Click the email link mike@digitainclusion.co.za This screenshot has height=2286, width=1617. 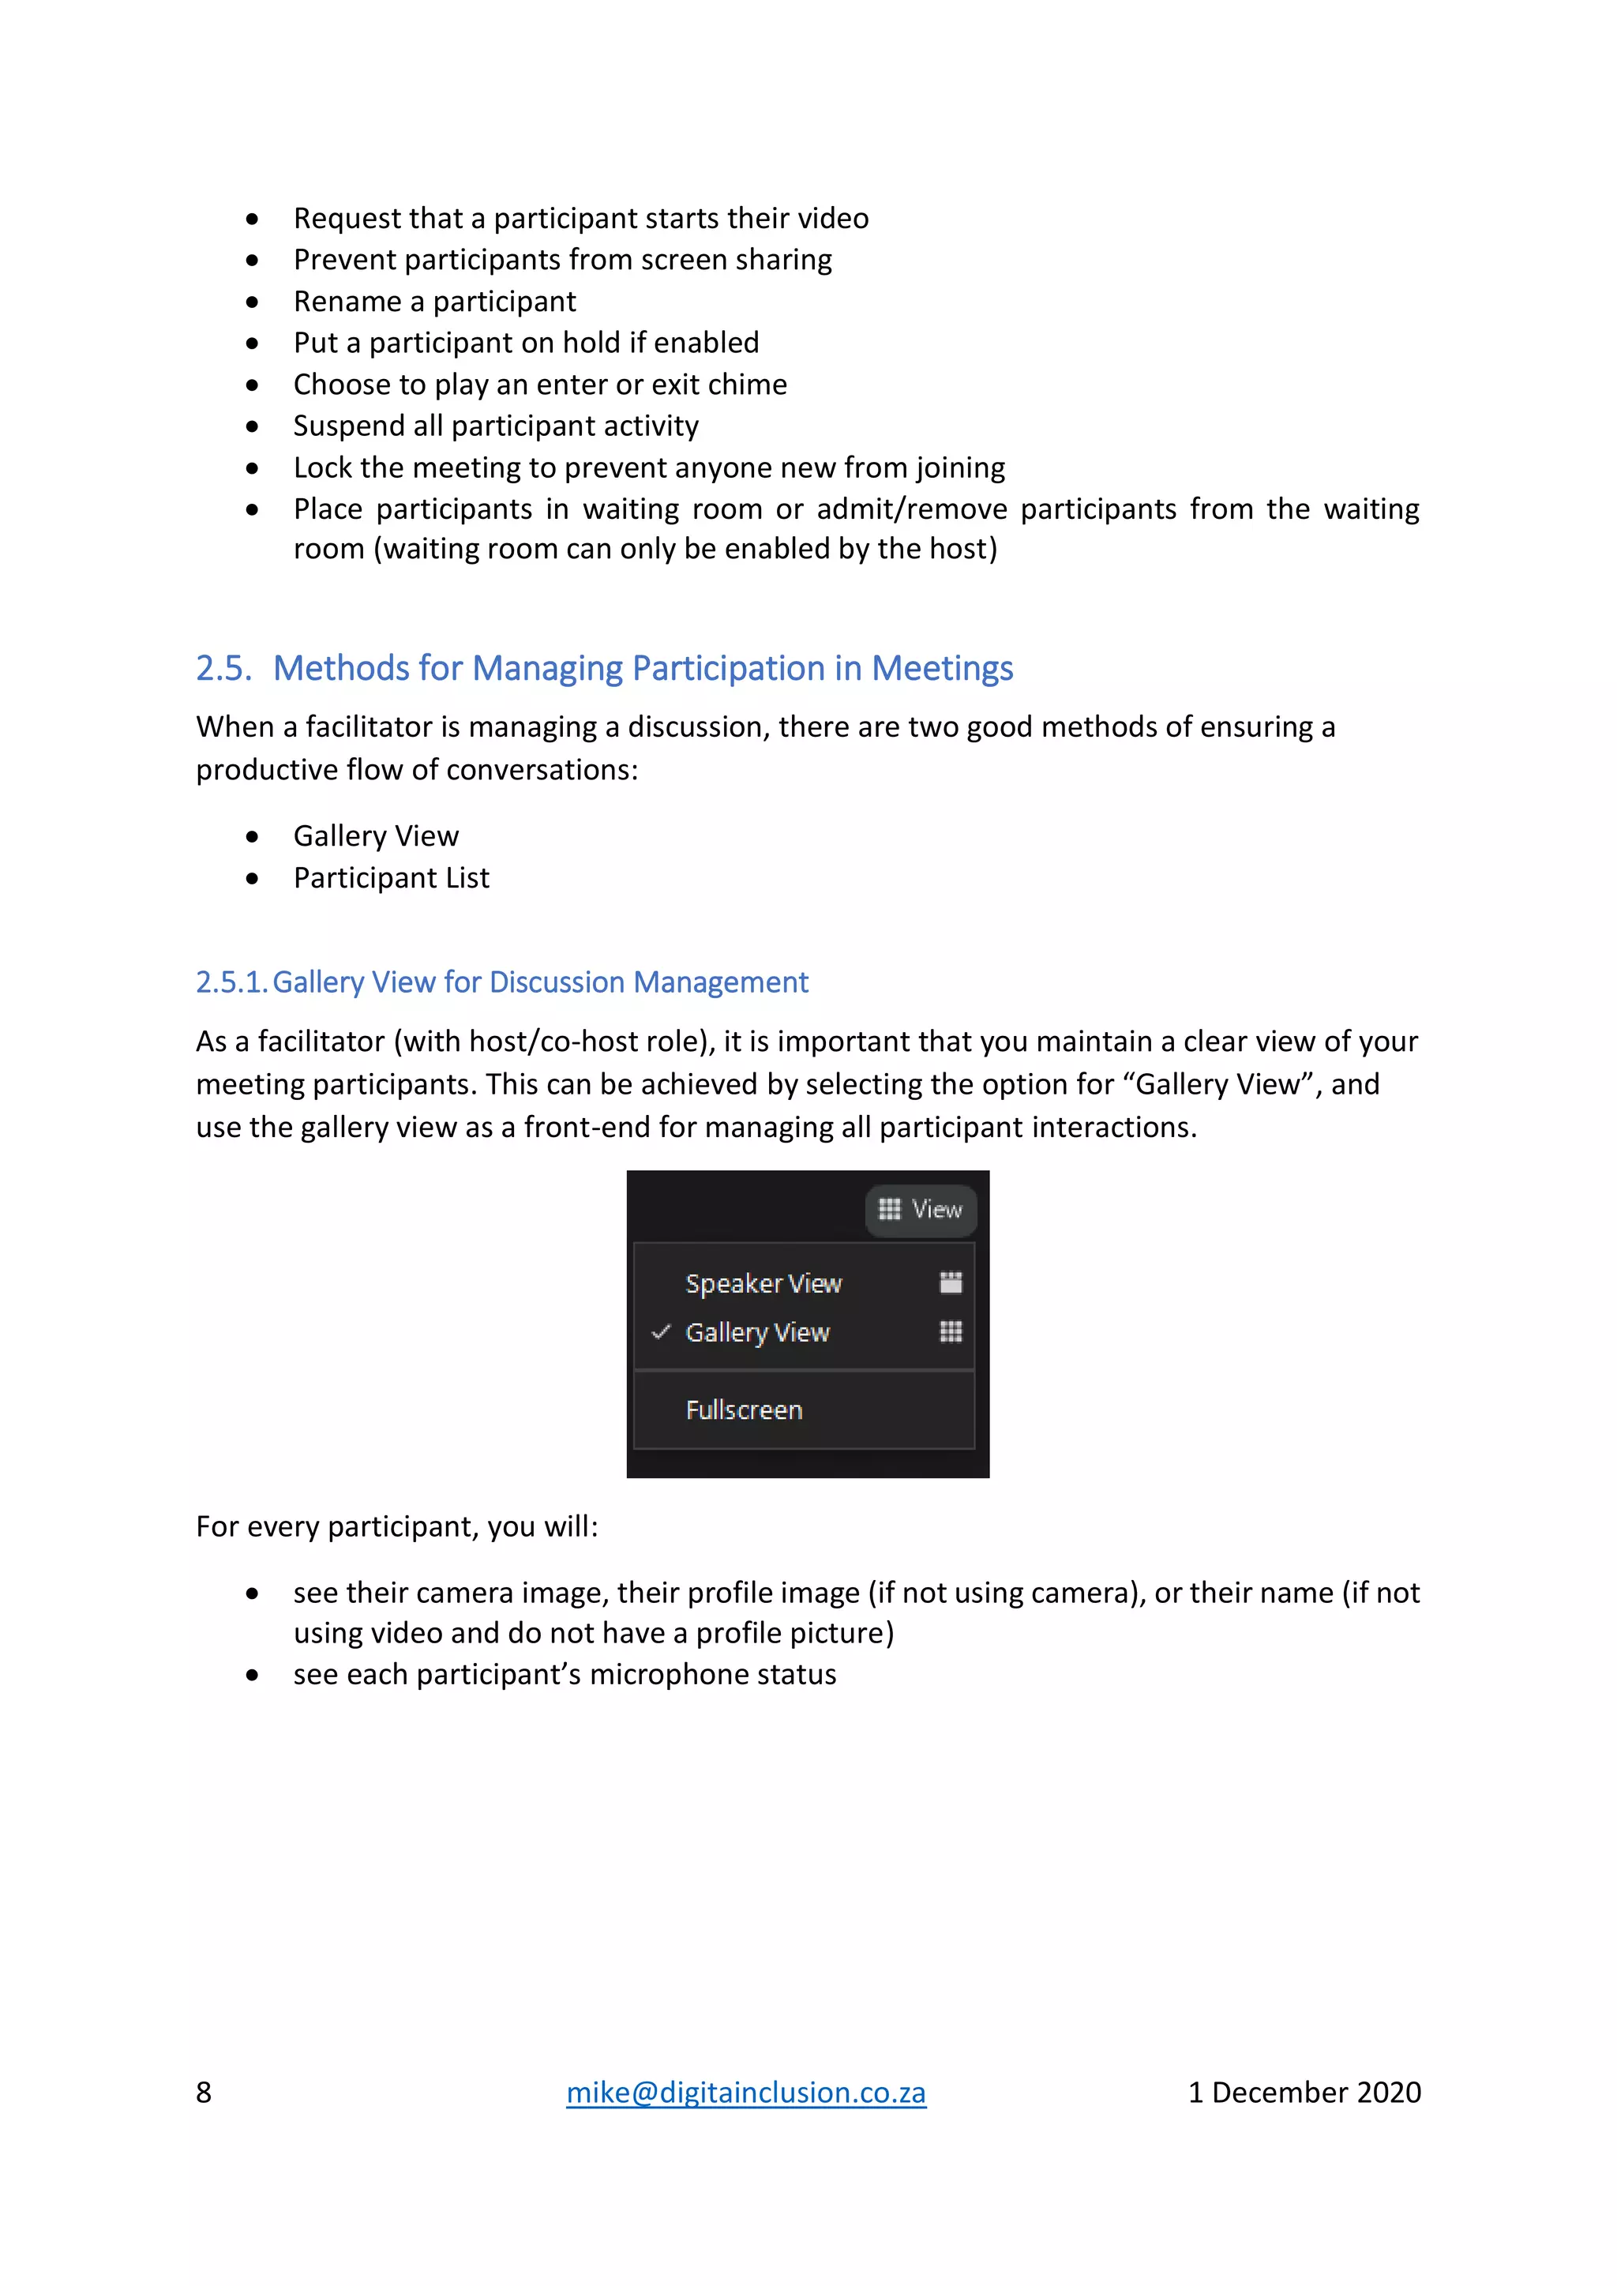pyautogui.click(x=746, y=2092)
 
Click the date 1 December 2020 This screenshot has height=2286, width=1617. pyautogui.click(x=1304, y=2092)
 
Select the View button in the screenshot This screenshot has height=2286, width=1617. pyautogui.click(x=920, y=1209)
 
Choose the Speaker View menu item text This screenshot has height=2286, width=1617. pyautogui.click(x=763, y=1283)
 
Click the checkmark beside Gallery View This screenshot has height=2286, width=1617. pyautogui.click(x=660, y=1331)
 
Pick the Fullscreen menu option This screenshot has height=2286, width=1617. pyautogui.click(x=744, y=1410)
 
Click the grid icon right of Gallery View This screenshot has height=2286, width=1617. pyautogui.click(x=951, y=1331)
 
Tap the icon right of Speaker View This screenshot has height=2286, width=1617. pyautogui.click(x=951, y=1282)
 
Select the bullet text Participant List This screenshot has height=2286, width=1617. pyautogui.click(x=392, y=877)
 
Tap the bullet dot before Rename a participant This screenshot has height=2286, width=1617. pyautogui.click(x=253, y=302)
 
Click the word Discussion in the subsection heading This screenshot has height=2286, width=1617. pyautogui.click(x=557, y=982)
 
